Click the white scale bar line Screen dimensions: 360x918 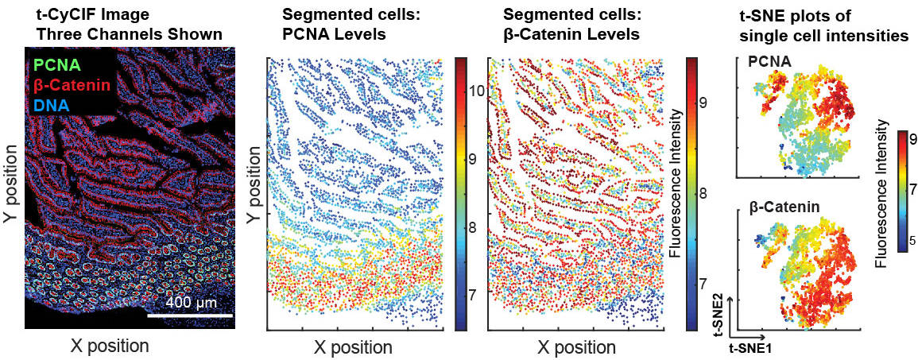click(190, 315)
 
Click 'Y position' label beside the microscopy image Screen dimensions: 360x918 click(12, 188)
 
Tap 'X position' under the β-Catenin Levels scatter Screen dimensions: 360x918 click(575, 347)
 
